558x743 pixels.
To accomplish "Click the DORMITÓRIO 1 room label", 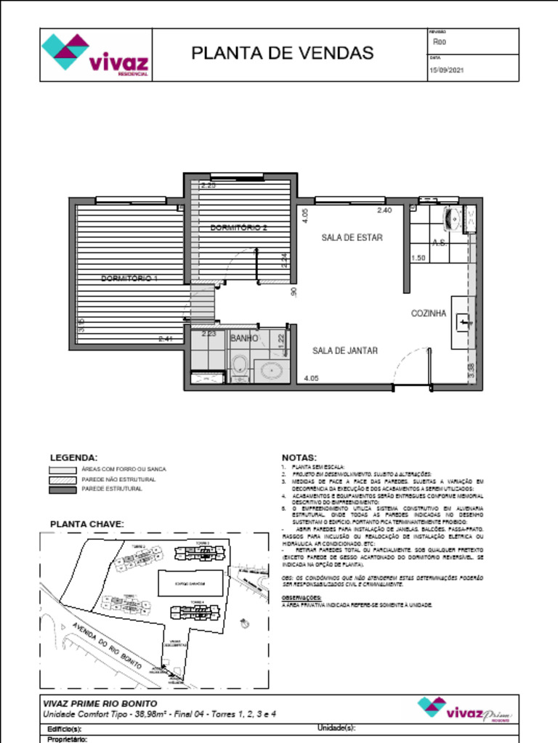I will (x=129, y=278).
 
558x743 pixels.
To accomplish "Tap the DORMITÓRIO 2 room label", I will (x=239, y=227).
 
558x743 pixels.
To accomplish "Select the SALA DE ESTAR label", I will (x=352, y=237).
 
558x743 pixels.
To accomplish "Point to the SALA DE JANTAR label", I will (x=345, y=350).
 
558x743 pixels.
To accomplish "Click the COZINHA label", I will (x=429, y=313).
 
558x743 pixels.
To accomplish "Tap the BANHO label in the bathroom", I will (x=244, y=338).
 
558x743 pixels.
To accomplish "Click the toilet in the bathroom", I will (x=238, y=366).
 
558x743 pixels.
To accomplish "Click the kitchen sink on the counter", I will (x=463, y=319).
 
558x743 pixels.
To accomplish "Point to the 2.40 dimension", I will (x=384, y=210).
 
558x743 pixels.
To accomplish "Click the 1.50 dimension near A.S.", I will (x=418, y=258).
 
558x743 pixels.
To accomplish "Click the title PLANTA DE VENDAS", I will (x=282, y=53).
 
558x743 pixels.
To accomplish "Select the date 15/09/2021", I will (x=447, y=70).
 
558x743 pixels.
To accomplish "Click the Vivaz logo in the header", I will (x=96, y=54).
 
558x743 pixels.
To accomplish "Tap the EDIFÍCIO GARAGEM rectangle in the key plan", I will (x=189, y=583).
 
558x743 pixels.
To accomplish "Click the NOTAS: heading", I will (x=299, y=457).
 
